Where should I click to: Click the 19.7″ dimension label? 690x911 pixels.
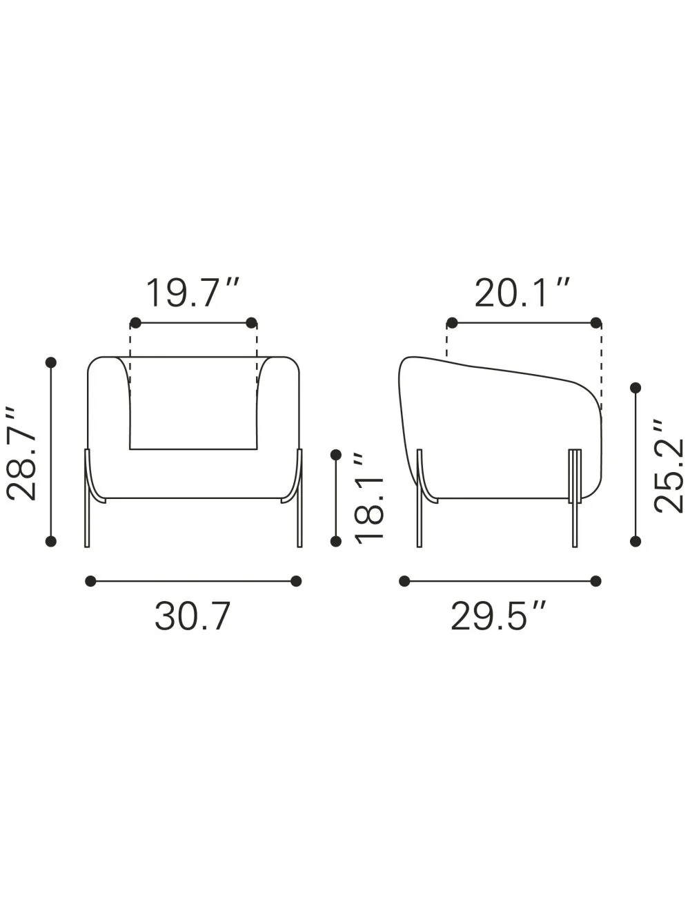click(193, 293)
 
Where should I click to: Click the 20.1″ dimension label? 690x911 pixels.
click(522, 293)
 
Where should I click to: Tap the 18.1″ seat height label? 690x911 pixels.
click(369, 498)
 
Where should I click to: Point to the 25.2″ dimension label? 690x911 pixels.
click(669, 467)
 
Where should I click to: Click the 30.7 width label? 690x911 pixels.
click(193, 616)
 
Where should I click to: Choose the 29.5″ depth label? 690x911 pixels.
click(498, 616)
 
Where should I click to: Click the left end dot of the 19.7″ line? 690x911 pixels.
click(136, 322)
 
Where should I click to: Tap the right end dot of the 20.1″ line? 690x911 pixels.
click(595, 322)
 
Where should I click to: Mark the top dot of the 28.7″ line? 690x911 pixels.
click(50, 362)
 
